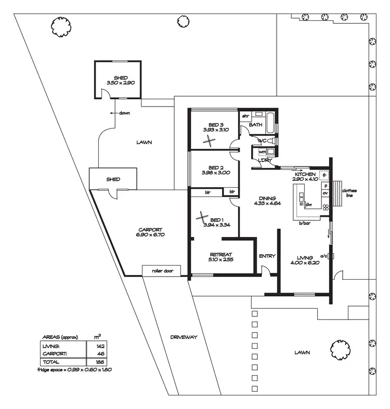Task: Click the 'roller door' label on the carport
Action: pyautogui.click(x=161, y=271)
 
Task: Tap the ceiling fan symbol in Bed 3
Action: pyautogui.click(x=209, y=139)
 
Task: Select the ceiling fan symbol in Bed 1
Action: pyautogui.click(x=202, y=218)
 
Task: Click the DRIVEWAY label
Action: pyautogui.click(x=184, y=337)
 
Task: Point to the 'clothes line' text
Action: pyautogui.click(x=349, y=193)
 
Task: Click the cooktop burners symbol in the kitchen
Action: pyautogui.click(x=326, y=207)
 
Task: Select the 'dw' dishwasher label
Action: pyautogui.click(x=308, y=205)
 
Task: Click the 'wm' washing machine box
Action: pyautogui.click(x=262, y=151)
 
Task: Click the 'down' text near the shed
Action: pyautogui.click(x=124, y=113)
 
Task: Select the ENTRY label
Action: pyautogui.click(x=267, y=256)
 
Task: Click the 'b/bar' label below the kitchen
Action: pyautogui.click(x=304, y=223)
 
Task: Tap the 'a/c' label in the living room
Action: pyautogui.click(x=323, y=255)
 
